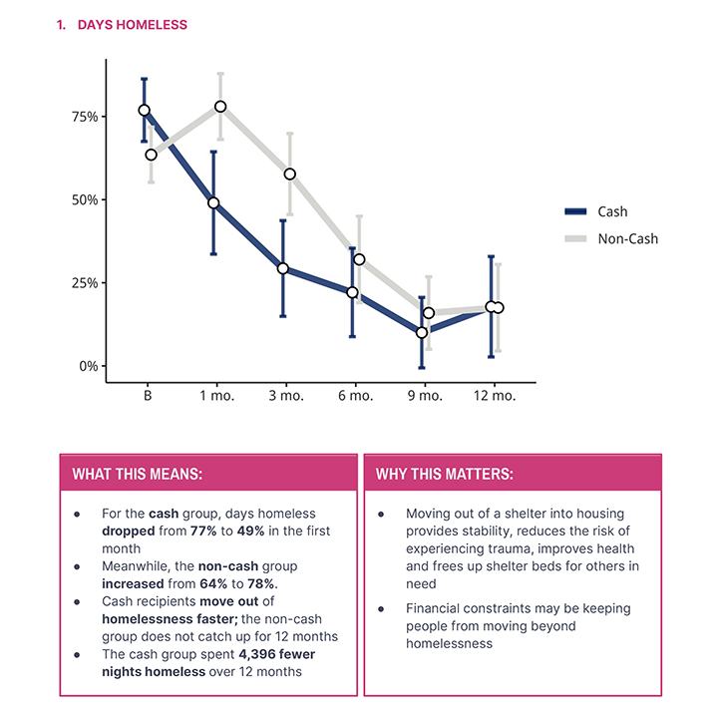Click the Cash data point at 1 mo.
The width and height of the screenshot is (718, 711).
213,202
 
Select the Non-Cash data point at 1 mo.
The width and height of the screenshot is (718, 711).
220,107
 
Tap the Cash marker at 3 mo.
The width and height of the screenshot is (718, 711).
283,268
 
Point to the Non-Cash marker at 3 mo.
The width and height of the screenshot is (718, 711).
290,174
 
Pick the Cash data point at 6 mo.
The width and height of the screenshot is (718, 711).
352,292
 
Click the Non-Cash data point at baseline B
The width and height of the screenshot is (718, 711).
151,155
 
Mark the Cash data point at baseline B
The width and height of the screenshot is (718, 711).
145,111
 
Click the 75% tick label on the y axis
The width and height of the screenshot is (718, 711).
85,117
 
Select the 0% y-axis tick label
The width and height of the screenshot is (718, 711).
89,366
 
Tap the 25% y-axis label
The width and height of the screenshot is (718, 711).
85,283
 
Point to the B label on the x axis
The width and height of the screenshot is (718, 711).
148,396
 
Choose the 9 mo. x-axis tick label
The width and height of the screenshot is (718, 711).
424,396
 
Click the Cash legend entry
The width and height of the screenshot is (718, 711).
611,211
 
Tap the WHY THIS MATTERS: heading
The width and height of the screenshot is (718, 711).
444,473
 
